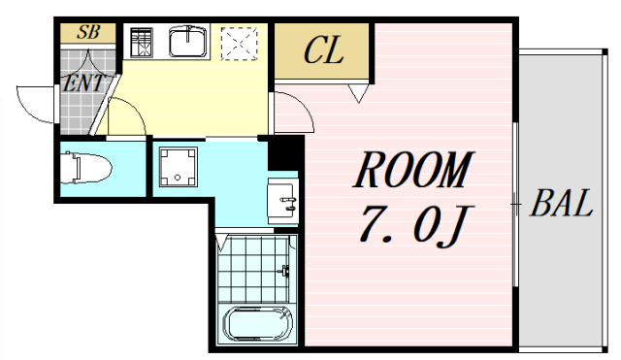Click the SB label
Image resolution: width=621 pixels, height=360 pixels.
click(x=88, y=32)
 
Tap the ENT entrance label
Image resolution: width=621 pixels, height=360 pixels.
click(x=84, y=83)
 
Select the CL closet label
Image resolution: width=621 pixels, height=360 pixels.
click(x=323, y=50)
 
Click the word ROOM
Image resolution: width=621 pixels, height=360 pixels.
click(x=413, y=170)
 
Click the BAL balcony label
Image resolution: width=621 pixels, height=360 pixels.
click(x=561, y=203)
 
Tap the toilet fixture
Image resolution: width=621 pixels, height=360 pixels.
click(x=86, y=168)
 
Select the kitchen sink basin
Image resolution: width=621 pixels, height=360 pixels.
click(x=188, y=41)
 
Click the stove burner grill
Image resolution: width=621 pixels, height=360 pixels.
click(x=142, y=43)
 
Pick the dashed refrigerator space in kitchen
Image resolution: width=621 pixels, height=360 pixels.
click(x=240, y=44)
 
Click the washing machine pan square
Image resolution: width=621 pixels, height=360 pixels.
click(x=179, y=166)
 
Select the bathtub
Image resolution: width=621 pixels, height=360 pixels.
click(x=258, y=324)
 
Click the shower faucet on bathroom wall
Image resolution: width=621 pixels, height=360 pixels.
click(x=285, y=271)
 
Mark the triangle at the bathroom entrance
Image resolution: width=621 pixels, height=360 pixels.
click(x=222, y=242)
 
